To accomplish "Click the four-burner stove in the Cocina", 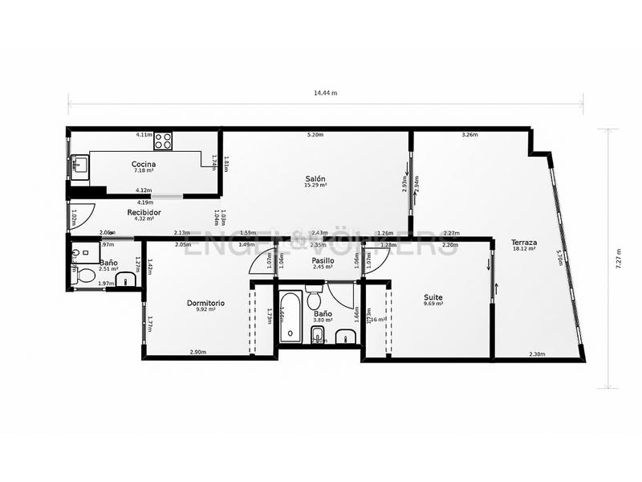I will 164,141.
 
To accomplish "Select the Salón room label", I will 315,178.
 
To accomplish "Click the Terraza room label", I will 525,242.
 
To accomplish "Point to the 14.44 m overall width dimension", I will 325,93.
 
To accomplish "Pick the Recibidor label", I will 144,212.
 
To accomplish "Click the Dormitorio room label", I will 205,303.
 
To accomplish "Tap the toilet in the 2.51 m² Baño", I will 86,276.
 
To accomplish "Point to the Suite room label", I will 433,298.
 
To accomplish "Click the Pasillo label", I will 323,261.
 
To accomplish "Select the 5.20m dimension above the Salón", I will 315,134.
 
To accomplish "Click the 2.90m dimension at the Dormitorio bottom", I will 198,353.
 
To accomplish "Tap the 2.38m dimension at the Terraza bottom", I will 537,353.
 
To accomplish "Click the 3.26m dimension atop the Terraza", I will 469,134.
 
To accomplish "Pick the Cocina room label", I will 144,164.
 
